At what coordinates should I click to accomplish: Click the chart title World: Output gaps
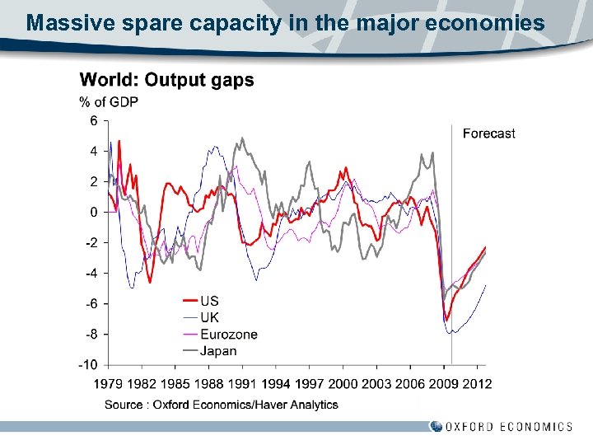pyautogui.click(x=166, y=81)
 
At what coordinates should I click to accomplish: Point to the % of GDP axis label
pyautogui.click(x=109, y=102)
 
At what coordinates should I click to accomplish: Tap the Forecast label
pyautogui.click(x=488, y=133)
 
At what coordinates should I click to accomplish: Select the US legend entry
pyautogui.click(x=209, y=302)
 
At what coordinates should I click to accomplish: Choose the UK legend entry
pyautogui.click(x=209, y=317)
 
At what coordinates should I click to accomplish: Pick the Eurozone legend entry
pyautogui.click(x=228, y=335)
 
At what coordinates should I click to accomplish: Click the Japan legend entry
pyautogui.click(x=218, y=351)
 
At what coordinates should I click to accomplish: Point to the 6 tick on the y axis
pyautogui.click(x=93, y=121)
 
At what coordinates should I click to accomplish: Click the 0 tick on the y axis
pyautogui.click(x=93, y=212)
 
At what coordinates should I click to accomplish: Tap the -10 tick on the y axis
pyautogui.click(x=88, y=364)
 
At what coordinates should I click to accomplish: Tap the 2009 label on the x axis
pyautogui.click(x=442, y=383)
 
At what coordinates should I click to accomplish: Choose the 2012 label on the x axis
pyautogui.click(x=477, y=383)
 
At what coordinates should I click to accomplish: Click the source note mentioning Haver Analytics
pyautogui.click(x=221, y=405)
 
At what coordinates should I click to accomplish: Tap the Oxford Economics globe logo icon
pyautogui.click(x=436, y=426)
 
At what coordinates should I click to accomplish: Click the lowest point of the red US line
pyautogui.click(x=446, y=320)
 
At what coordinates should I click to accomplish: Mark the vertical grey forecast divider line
pyautogui.click(x=451, y=247)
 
